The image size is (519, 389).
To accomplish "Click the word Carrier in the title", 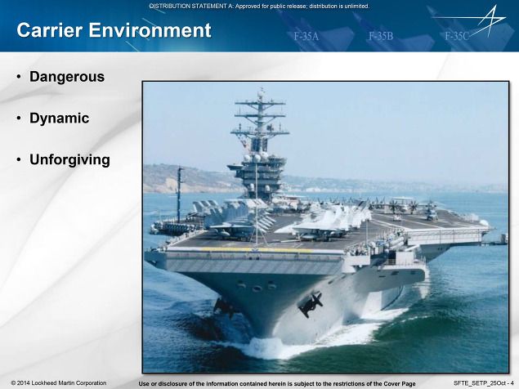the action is pyautogui.click(x=49, y=30).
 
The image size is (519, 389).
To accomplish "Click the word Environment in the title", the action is pyautogui.click(x=150, y=30).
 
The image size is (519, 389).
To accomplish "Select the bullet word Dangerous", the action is pyautogui.click(x=67, y=77).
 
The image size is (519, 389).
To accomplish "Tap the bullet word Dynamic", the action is pyautogui.click(x=59, y=118).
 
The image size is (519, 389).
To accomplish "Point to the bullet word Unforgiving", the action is pyautogui.click(x=69, y=160).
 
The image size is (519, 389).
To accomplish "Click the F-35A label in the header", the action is pyautogui.click(x=306, y=36).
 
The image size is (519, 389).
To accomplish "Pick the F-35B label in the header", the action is pyautogui.click(x=381, y=36).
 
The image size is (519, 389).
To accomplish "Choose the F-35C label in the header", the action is pyautogui.click(x=457, y=36).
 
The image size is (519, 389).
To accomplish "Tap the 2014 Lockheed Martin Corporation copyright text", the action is pyautogui.click(x=59, y=383).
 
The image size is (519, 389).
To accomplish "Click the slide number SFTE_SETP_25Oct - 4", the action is pyautogui.click(x=484, y=383).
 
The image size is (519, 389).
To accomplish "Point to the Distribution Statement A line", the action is pyautogui.click(x=259, y=6).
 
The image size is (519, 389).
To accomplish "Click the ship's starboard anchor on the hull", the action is pyautogui.click(x=311, y=304).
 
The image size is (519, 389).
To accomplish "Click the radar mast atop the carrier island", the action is pyautogui.click(x=261, y=119).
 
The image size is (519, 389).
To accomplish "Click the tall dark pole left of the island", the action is pyautogui.click(x=179, y=194).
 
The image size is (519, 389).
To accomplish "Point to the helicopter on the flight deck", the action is pyautogui.click(x=431, y=211).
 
